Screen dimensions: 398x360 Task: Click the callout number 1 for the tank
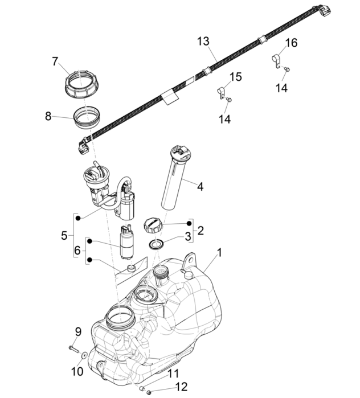(x=219, y=251)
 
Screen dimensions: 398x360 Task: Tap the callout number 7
(x=55, y=61)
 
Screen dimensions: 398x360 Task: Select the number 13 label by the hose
(x=203, y=42)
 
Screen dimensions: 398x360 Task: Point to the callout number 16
(x=291, y=43)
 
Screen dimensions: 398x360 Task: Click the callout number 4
(x=200, y=186)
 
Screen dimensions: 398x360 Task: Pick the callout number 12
(x=181, y=388)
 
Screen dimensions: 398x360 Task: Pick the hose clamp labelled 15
(x=223, y=91)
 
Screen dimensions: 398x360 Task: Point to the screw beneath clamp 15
(x=228, y=100)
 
